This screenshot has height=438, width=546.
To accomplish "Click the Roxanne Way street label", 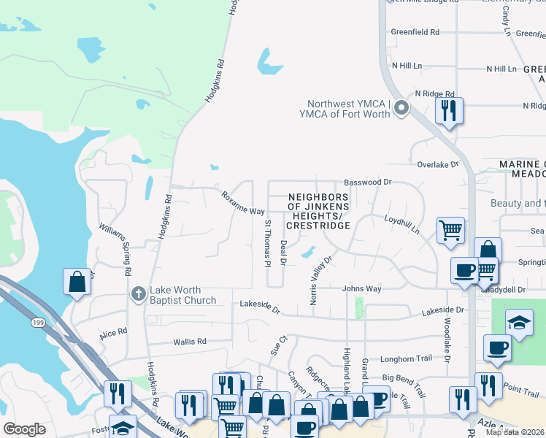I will coord(243,202).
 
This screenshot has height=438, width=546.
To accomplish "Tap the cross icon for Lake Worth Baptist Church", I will coord(137,293).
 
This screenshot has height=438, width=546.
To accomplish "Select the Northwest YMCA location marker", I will coord(401,109).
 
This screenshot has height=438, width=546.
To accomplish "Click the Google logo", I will coord(25,429).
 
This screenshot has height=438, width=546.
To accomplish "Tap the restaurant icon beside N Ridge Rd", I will coord(447,112).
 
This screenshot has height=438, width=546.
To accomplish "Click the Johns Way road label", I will coord(362,288).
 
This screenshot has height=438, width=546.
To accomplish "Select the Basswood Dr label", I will coord(367,182).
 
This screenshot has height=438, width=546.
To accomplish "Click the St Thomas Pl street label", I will coord(267,243).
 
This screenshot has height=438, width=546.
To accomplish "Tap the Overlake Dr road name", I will coord(437,164).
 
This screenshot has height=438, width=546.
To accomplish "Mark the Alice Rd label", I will coord(113,334).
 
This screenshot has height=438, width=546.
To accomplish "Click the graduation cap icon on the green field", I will coord(519,321).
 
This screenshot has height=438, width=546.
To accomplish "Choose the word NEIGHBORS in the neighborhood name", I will coord(317,197).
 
